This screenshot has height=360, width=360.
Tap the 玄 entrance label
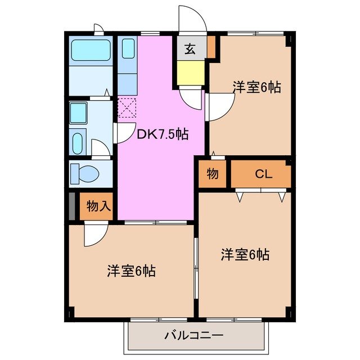click(190, 49)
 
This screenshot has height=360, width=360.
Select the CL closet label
click(263, 174)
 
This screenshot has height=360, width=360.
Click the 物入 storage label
click(98, 206)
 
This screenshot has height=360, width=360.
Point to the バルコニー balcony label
click(193, 336)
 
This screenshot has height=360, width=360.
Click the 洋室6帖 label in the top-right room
click(257, 87)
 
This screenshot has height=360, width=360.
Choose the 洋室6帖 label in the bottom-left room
click(131, 271)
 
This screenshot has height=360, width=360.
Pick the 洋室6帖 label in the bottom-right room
click(245, 255)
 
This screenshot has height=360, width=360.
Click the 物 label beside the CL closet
click(212, 174)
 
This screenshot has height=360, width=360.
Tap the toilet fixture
click(83, 174)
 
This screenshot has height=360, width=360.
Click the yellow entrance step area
click(190, 72)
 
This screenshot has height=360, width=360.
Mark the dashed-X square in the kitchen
click(127, 107)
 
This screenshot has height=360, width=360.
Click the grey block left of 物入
click(72, 206)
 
